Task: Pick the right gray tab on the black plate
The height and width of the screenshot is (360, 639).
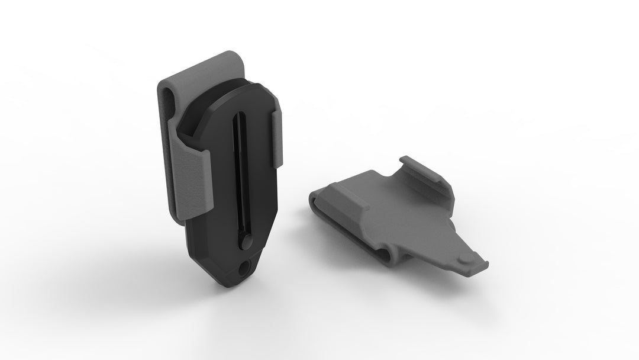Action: [x=279, y=137]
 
